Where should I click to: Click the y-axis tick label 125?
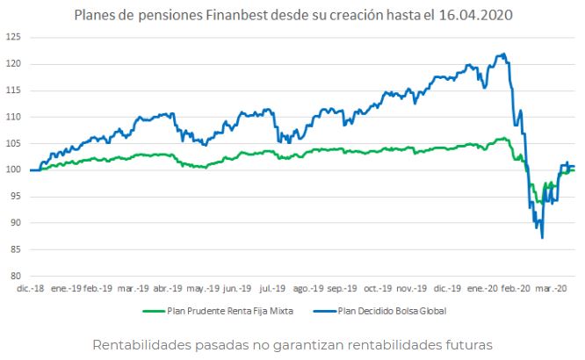pyautogui.click(x=13, y=38)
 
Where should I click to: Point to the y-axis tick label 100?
pyautogui.click(x=13, y=170)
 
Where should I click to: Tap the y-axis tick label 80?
pyautogui.click(x=15, y=276)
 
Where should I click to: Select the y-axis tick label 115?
pyautogui.click(x=13, y=90)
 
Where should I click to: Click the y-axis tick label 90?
pyautogui.click(x=15, y=223)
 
